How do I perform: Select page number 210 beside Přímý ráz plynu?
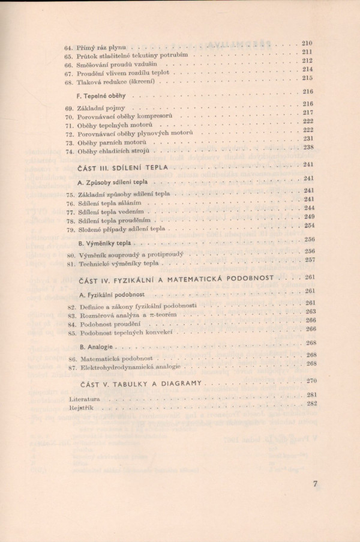tap(307, 43)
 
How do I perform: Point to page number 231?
tap(309, 138)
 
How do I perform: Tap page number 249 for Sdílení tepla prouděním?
tap(310, 217)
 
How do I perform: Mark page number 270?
tap(311, 381)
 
